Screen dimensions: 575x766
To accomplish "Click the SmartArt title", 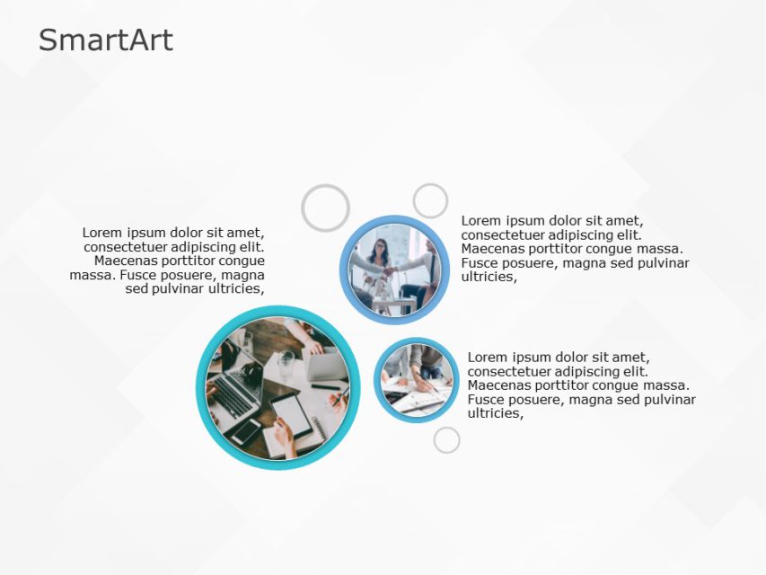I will (x=106, y=40).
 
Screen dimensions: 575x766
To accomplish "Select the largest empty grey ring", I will (x=325, y=208).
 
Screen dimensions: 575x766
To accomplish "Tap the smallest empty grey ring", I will (x=446, y=440).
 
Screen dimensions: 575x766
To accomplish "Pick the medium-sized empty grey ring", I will (x=430, y=201).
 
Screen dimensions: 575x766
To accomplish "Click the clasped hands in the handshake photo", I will (x=388, y=270).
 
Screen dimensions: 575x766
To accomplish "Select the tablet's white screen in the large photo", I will (x=291, y=413).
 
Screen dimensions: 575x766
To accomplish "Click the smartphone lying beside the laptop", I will (x=246, y=432).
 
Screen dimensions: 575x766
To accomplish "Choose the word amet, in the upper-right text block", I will (x=622, y=221).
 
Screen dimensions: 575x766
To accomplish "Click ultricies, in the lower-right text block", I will (x=495, y=413).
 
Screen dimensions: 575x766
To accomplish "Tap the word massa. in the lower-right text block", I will (x=664, y=385).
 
